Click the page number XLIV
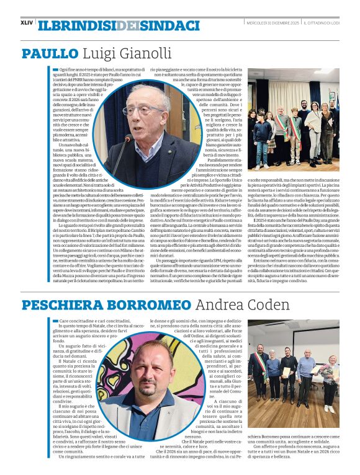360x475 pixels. (27, 22)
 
